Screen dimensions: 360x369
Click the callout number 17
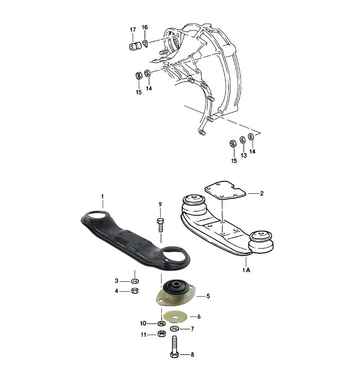click(x=133, y=30)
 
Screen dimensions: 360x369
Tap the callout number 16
click(x=145, y=27)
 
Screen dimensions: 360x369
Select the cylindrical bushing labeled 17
click(x=135, y=46)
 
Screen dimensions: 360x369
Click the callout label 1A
click(x=246, y=270)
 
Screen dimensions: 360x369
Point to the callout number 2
click(x=261, y=193)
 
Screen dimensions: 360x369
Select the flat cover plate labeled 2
click(x=225, y=190)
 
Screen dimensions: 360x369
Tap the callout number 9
click(x=160, y=204)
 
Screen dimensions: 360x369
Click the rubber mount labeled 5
click(x=176, y=292)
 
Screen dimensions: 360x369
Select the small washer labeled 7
click(x=174, y=328)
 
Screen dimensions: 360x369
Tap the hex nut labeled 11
click(x=161, y=333)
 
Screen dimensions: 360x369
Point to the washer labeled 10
click(x=161, y=324)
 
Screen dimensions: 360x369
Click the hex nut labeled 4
click(x=135, y=291)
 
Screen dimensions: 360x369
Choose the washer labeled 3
click(x=135, y=281)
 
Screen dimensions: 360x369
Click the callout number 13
click(x=243, y=155)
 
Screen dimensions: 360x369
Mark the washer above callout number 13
click(x=242, y=140)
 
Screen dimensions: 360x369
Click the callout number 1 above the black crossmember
click(x=102, y=196)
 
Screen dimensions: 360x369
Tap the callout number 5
click(x=208, y=296)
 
